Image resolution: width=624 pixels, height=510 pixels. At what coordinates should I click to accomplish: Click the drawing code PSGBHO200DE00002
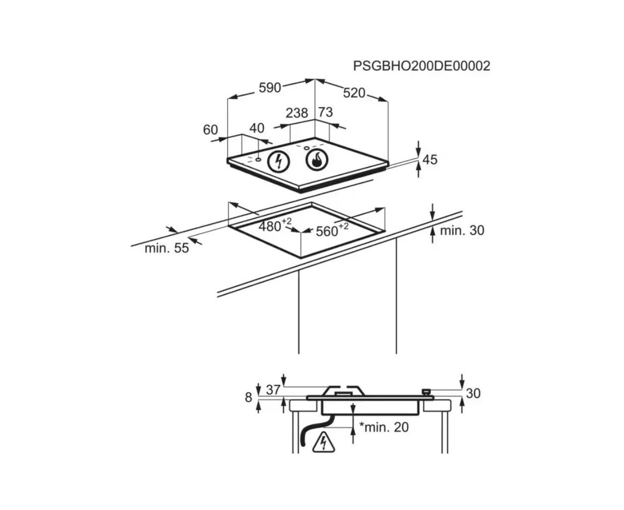click(x=422, y=66)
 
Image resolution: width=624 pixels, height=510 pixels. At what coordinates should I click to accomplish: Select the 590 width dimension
click(x=270, y=88)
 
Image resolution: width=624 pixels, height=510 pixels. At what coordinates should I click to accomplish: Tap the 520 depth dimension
click(x=354, y=93)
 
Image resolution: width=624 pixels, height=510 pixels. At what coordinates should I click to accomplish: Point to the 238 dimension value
click(x=297, y=113)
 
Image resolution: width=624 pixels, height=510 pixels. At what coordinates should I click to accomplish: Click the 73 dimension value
click(x=325, y=113)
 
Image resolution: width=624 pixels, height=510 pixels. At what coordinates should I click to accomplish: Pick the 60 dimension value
click(x=210, y=130)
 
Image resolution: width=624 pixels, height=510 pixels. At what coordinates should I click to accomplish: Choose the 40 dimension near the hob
click(x=257, y=128)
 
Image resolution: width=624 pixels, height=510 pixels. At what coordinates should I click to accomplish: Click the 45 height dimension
click(x=430, y=160)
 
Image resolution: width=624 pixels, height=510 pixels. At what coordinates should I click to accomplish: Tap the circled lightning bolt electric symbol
click(x=279, y=162)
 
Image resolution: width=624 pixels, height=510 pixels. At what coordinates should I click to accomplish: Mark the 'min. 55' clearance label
click(x=166, y=249)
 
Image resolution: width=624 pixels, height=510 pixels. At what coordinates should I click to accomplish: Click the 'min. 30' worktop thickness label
click(x=462, y=231)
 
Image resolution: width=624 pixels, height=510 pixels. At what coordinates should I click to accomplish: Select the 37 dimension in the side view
click(x=273, y=390)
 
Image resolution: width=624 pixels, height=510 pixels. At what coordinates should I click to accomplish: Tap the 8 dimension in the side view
click(x=249, y=397)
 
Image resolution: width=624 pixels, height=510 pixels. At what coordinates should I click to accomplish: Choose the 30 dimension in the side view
click(x=473, y=393)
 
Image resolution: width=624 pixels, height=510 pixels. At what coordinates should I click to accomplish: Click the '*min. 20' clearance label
click(x=384, y=427)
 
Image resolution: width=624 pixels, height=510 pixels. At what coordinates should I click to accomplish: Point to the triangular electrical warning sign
click(x=323, y=442)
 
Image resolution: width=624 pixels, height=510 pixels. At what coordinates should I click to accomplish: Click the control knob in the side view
click(x=427, y=392)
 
